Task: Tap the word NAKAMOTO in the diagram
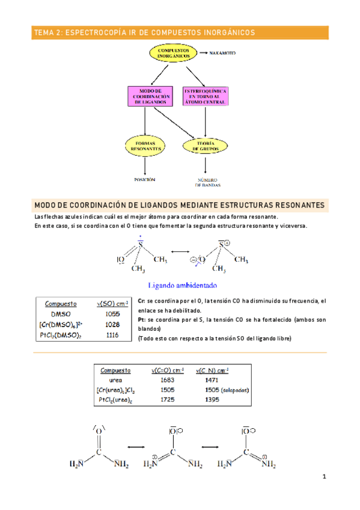222,53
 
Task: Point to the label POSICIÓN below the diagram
144,179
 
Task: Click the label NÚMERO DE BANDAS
206,182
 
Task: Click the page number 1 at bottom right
323,478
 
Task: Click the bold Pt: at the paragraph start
142,320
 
